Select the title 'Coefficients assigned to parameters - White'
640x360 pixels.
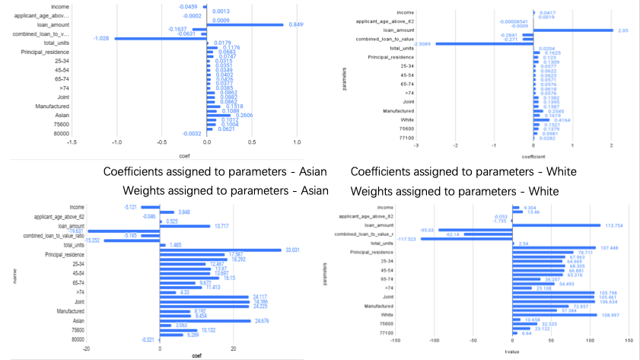coord(463,172)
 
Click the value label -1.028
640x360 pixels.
coord(100,38)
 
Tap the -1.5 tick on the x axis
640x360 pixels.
coord(71,142)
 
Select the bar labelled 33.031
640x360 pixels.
coord(221,250)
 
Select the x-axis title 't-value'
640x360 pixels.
coord(512,352)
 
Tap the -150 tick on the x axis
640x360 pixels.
coord(396,340)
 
